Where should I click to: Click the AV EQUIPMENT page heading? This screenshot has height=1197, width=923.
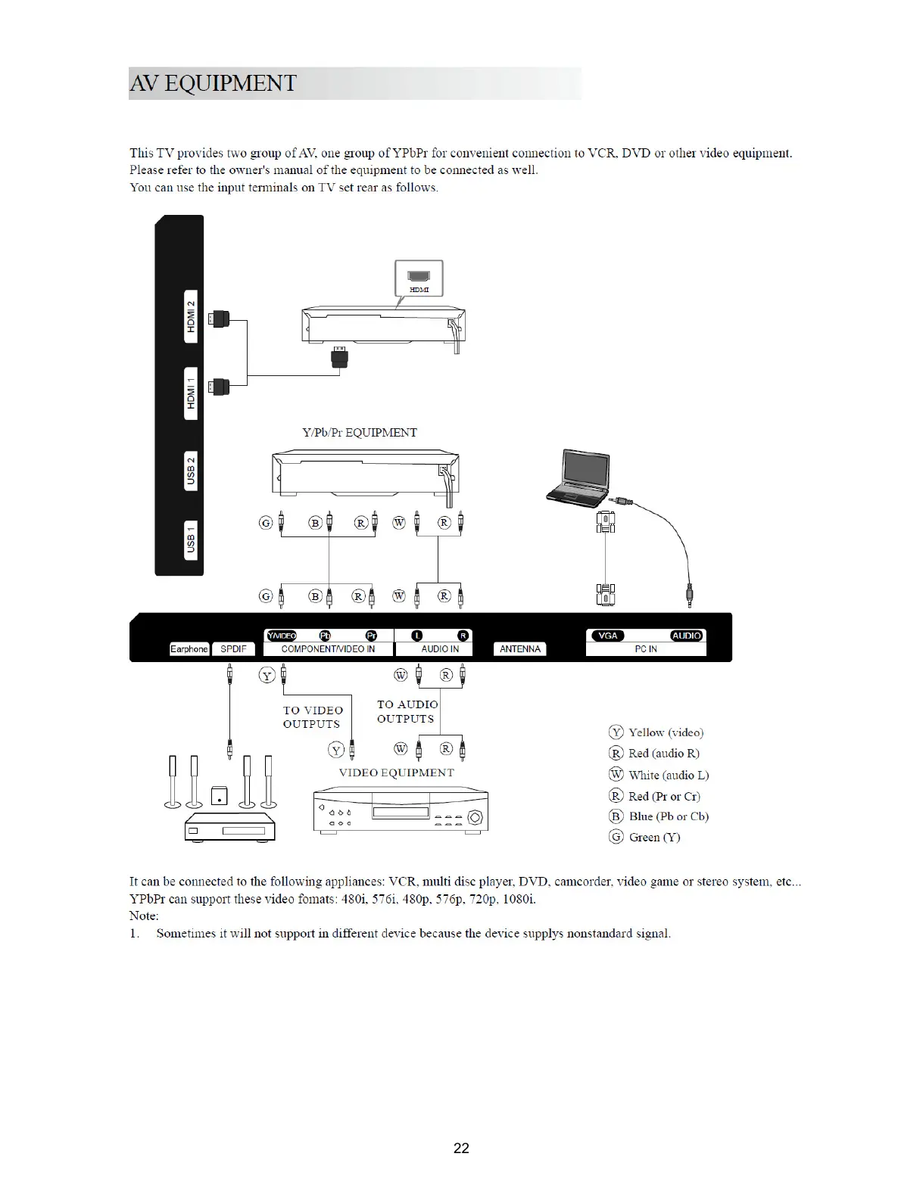[x=213, y=83]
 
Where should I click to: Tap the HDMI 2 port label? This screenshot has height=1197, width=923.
[x=192, y=316]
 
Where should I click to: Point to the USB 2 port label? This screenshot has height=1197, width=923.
[x=192, y=471]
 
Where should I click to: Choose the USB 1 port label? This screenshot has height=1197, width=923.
[x=192, y=541]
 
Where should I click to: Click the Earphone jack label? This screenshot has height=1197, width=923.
[x=189, y=649]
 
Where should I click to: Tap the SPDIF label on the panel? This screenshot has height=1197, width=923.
[x=233, y=649]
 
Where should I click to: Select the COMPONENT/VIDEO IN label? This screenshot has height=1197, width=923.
[x=328, y=649]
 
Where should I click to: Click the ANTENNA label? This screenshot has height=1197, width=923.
[x=520, y=649]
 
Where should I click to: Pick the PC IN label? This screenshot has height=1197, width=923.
[x=646, y=649]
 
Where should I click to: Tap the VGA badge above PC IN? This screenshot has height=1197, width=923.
[x=608, y=636]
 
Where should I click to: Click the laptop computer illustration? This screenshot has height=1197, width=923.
[x=579, y=477]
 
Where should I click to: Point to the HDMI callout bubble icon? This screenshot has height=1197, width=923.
[x=419, y=278]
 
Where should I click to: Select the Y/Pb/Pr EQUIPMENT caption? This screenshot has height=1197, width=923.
[x=360, y=433]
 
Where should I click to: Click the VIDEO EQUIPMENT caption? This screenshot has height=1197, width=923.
[x=396, y=773]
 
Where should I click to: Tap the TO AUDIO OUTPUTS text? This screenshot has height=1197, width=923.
[x=407, y=711]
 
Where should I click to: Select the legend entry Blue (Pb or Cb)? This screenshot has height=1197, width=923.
[x=659, y=816]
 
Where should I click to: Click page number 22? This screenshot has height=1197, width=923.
[x=461, y=1148]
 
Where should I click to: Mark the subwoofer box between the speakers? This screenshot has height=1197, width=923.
[x=218, y=796]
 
